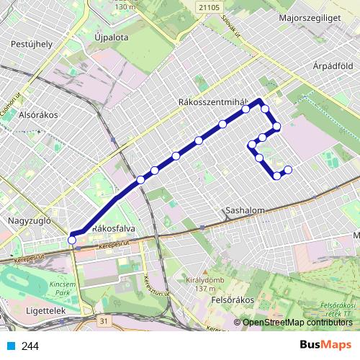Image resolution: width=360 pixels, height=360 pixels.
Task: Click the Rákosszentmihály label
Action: tap(212, 102)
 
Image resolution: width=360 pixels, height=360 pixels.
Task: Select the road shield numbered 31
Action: tap(105, 320)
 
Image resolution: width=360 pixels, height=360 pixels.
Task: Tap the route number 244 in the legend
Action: tap(30, 346)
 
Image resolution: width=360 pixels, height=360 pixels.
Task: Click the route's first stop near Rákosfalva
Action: tap(71, 239)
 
